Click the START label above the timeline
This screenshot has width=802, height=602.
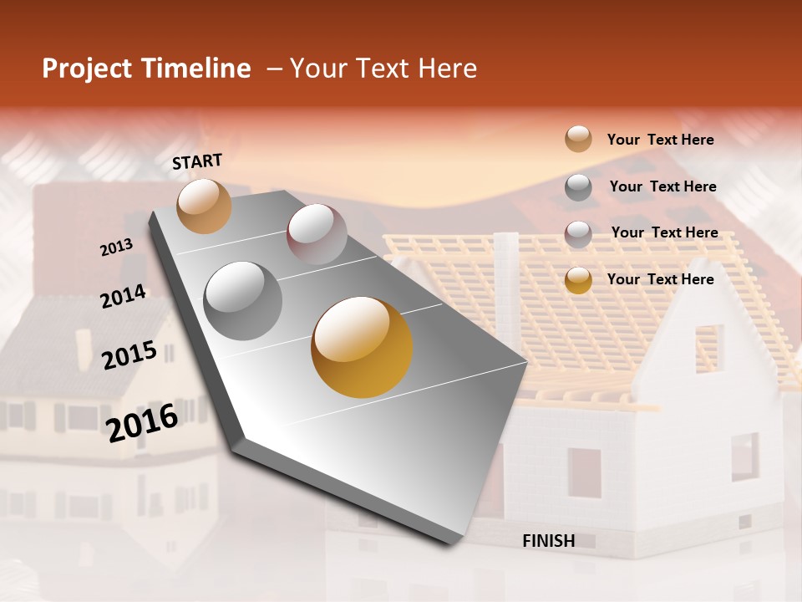coord(197,161)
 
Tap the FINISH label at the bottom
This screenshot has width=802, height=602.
coord(548,541)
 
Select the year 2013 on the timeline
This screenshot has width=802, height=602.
coord(117,247)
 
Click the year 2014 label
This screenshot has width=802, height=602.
coord(123,297)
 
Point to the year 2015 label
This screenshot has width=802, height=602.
coord(129,355)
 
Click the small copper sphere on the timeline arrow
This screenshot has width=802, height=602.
coord(204,206)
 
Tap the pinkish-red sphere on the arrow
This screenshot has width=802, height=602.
coord(317,234)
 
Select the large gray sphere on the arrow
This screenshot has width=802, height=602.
coord(243,300)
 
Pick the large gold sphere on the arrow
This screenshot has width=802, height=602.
coord(362,347)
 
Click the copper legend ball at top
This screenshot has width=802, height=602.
coord(578,139)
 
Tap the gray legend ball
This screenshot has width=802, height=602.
coord(578,186)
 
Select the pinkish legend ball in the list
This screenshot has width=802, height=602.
coord(578,233)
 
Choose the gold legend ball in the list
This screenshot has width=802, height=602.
coord(578,280)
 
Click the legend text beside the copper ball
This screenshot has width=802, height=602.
coord(660,140)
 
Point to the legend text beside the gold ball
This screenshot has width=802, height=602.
coord(660,279)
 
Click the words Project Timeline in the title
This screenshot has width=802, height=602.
coord(146,69)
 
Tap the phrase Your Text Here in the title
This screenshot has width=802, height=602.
coord(383,69)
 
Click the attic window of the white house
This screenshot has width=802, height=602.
coord(709,349)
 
